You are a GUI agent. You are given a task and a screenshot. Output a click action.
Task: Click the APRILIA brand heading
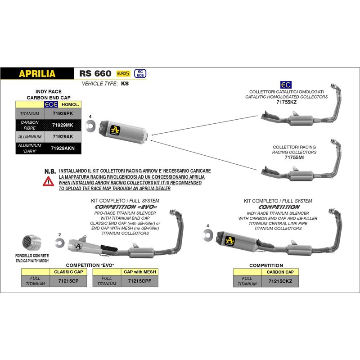point(37,73)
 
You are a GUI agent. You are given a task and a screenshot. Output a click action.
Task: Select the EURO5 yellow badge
point(122,73)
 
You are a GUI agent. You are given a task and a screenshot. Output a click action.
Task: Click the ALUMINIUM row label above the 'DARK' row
point(30,136)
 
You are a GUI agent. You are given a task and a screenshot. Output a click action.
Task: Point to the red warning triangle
point(47,181)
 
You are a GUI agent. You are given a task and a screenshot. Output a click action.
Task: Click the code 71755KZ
point(286,102)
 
